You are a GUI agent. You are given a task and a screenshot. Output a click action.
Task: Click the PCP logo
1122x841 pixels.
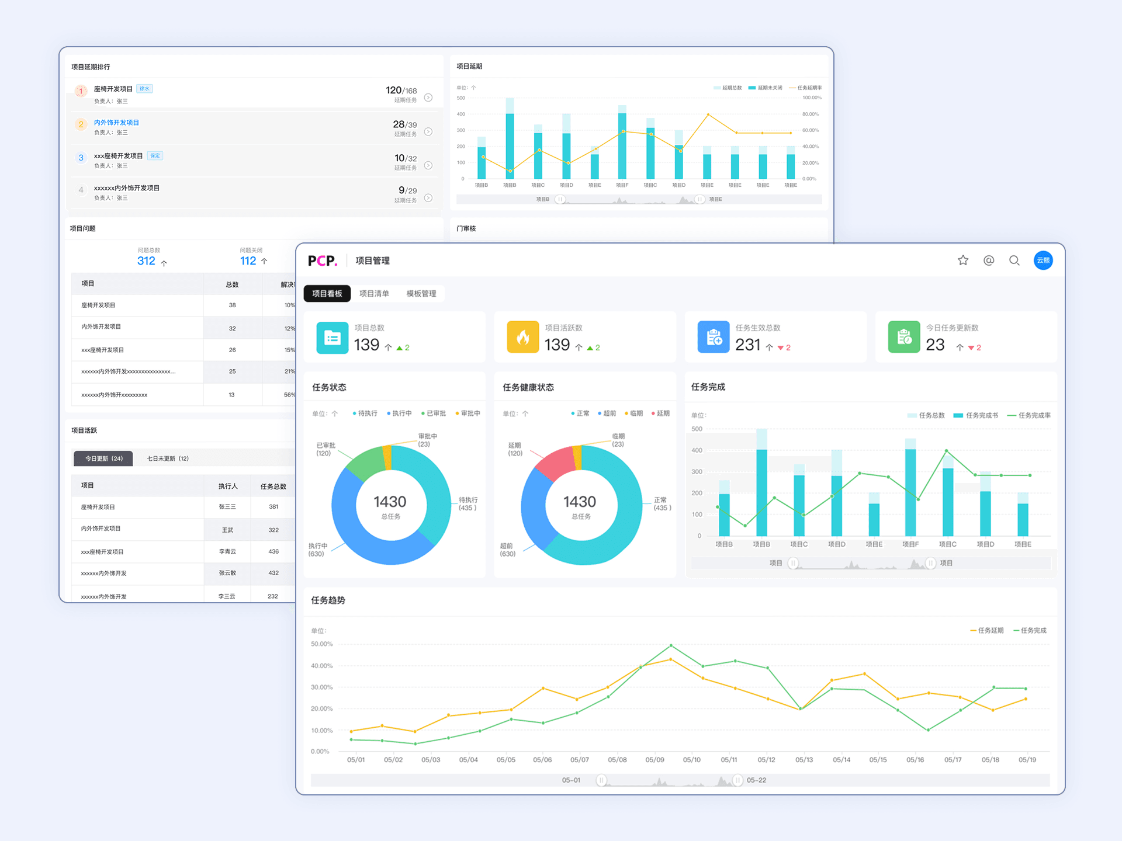coord(322,260)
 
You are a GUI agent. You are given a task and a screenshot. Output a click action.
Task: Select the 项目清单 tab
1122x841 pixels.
coord(374,294)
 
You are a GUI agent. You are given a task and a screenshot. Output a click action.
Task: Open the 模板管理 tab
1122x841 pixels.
coord(421,294)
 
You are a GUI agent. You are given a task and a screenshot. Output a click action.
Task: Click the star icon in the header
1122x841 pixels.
coord(963,260)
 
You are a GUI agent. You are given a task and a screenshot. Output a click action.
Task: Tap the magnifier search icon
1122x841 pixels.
coord(1014,260)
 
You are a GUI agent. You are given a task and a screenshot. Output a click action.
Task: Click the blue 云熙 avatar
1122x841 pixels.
coord(1043,260)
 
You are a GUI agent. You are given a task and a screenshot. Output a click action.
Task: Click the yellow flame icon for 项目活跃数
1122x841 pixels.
coord(522,337)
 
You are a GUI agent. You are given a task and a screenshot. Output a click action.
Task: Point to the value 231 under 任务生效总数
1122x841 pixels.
coord(747,345)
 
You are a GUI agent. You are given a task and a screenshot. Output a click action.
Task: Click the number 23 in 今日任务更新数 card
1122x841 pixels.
coord(935,345)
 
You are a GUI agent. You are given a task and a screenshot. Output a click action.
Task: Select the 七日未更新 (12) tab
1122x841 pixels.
coord(168,458)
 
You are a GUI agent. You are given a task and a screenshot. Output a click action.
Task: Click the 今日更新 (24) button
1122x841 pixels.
coord(103,458)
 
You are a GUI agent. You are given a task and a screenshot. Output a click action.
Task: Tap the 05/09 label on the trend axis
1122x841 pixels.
coord(654,760)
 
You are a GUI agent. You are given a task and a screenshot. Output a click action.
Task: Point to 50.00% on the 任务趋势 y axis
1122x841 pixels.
coord(321,644)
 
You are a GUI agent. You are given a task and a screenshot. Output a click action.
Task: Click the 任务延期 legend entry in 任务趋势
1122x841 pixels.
coord(987,631)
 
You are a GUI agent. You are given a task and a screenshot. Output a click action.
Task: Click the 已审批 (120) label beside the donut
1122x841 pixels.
coord(325,449)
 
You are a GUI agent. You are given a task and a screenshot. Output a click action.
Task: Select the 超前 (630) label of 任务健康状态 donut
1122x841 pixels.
coord(507,550)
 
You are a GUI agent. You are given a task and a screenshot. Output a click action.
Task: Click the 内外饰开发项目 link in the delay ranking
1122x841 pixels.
coord(116,123)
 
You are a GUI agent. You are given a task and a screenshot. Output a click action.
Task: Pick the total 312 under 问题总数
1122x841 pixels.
coord(146,261)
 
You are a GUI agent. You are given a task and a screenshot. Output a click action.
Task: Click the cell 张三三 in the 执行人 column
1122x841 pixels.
coord(227,507)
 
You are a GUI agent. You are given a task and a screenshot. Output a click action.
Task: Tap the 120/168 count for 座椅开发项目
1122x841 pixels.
coord(401,91)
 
